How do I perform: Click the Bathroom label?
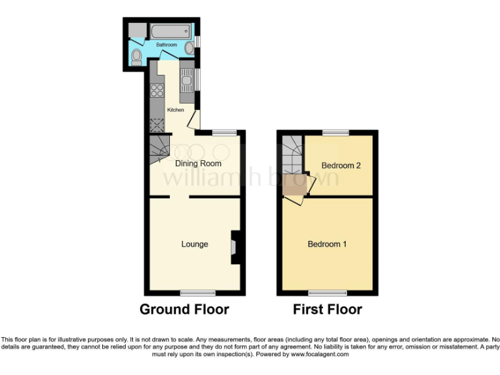166,45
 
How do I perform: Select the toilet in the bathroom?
136,58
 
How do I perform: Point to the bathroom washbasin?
189,47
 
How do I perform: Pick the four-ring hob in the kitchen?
157,90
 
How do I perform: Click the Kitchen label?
176,110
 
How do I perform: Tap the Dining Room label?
199,163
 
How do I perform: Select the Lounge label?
195,244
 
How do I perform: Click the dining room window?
225,132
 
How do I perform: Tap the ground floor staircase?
159,151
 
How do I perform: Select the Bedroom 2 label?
341,165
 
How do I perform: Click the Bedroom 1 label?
327,244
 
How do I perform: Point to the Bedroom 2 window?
336,132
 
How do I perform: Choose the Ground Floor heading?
184,309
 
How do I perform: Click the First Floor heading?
327,309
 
